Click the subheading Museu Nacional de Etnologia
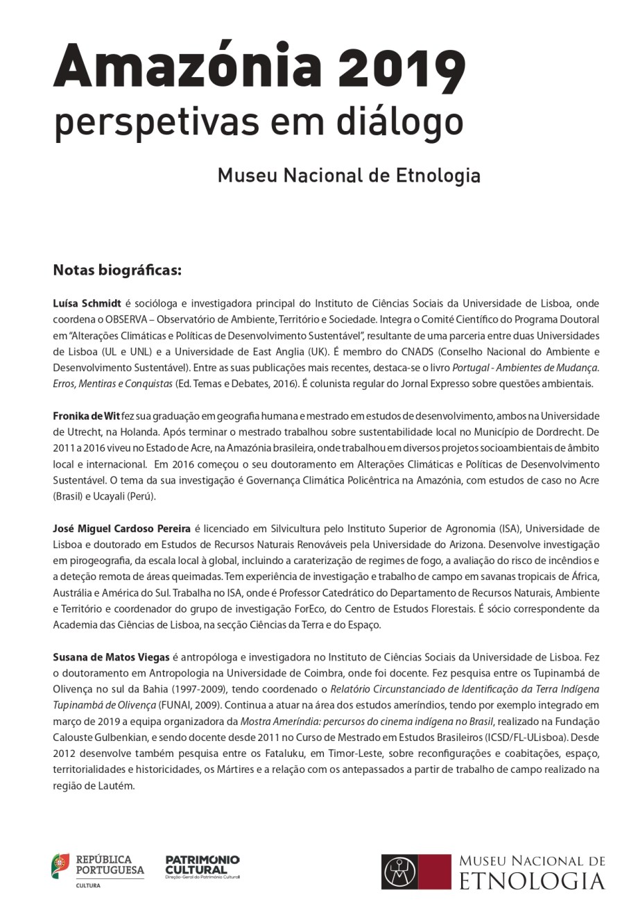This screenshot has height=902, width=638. click(x=349, y=175)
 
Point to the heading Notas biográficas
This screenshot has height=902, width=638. click(x=117, y=270)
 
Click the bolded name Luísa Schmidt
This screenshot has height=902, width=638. click(x=87, y=303)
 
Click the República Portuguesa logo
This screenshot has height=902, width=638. click(x=97, y=870)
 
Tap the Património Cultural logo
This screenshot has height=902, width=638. click(x=202, y=867)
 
